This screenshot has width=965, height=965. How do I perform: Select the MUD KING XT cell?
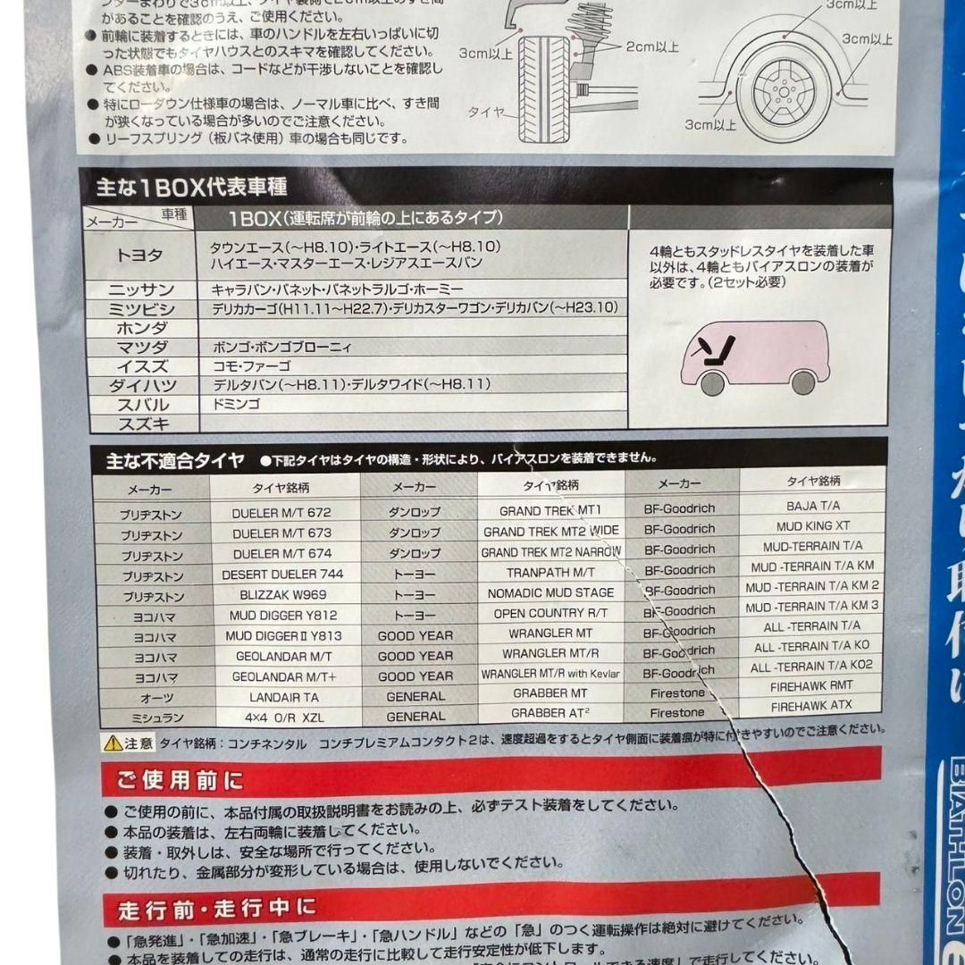pyautogui.click(x=812, y=526)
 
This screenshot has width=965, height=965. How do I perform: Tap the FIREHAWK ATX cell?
pyautogui.click(x=811, y=706)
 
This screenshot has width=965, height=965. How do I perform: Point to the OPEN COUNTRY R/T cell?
pyautogui.click(x=550, y=613)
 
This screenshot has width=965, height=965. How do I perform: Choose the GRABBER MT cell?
pyautogui.click(x=550, y=693)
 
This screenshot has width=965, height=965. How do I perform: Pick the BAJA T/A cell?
pyautogui.click(x=812, y=506)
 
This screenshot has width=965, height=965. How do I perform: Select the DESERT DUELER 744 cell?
pyautogui.click(x=282, y=574)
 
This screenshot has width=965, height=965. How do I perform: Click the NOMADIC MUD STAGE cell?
pyautogui.click(x=550, y=592)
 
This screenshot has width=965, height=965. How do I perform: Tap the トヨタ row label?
pyautogui.click(x=140, y=255)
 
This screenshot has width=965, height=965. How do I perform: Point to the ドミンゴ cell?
pyautogui.click(x=236, y=405)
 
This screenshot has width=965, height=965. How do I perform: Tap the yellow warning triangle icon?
pyautogui.click(x=113, y=743)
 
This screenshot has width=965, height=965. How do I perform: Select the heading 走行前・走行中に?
pyautogui.click(x=217, y=910)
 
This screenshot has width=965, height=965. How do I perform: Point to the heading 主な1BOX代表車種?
pyautogui.click(x=191, y=189)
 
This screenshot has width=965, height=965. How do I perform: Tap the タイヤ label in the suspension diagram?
pyautogui.click(x=487, y=113)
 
